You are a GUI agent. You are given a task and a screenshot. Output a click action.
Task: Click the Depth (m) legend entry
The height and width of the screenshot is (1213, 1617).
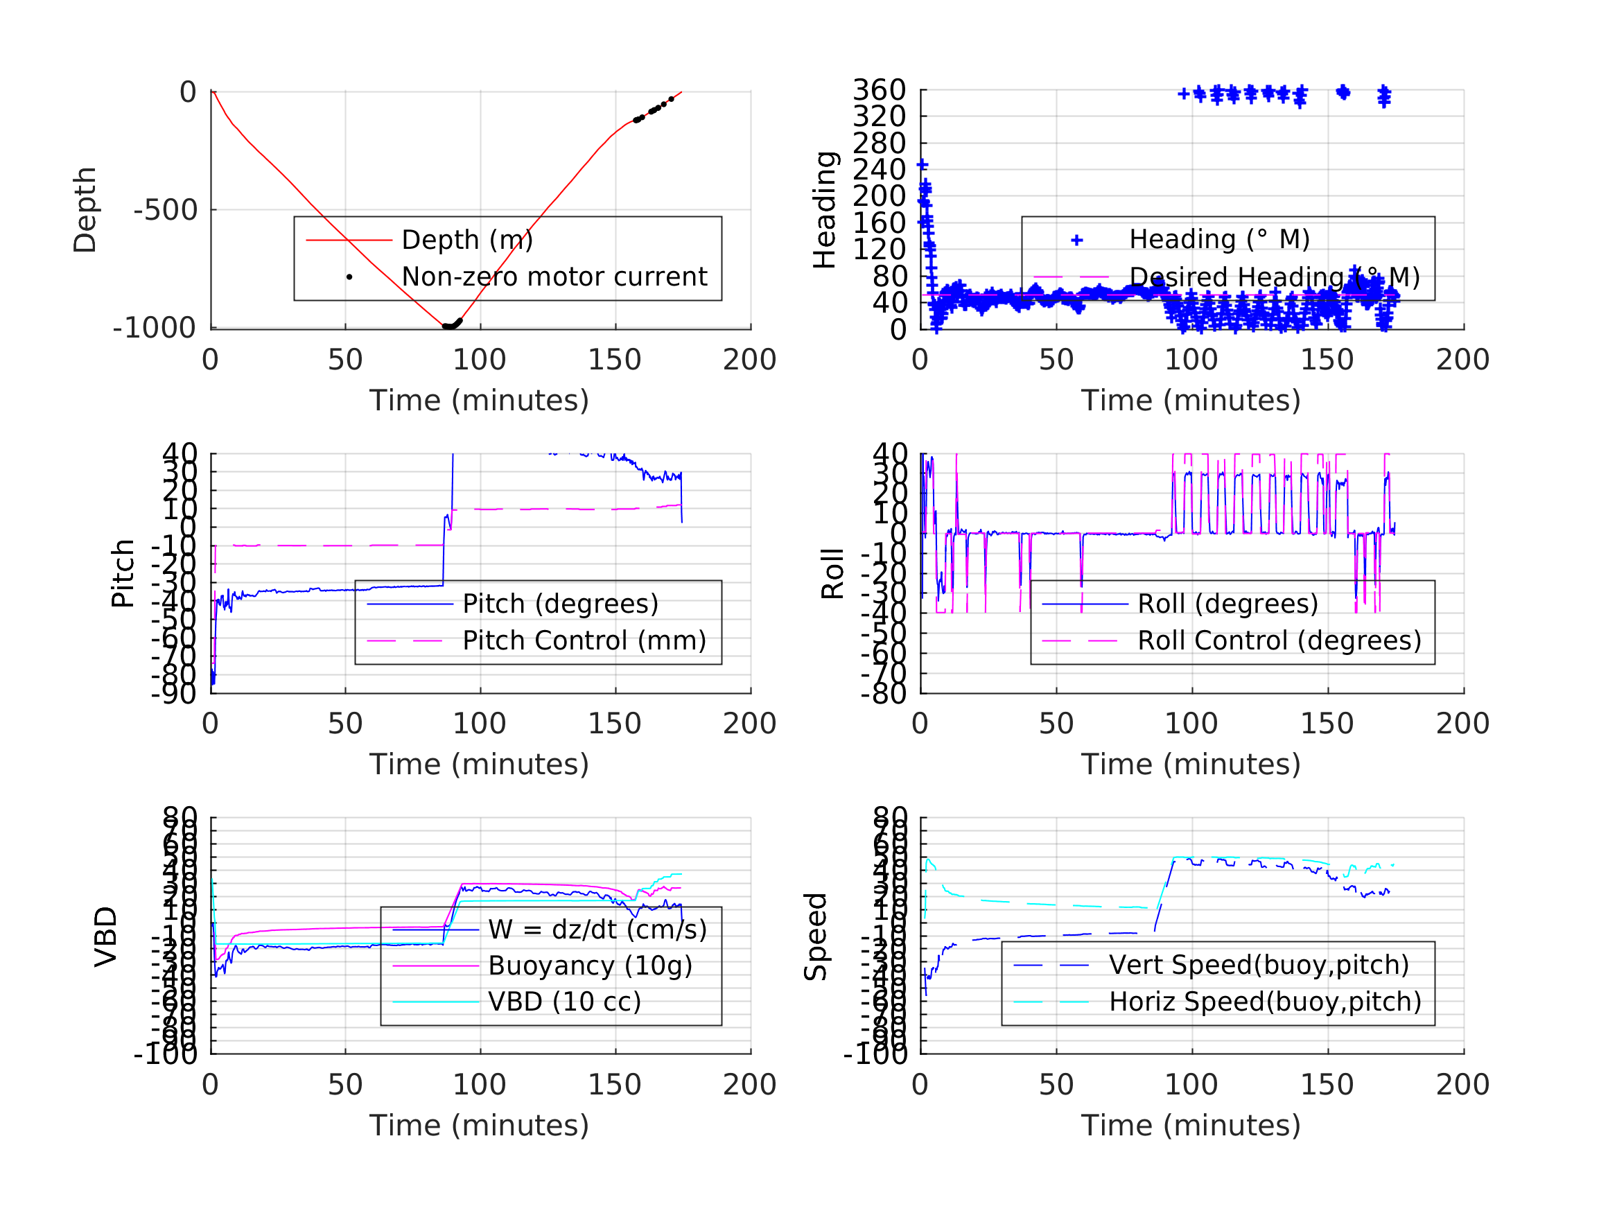(467, 240)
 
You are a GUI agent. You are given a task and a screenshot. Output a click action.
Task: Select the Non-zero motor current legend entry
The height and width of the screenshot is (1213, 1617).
(554, 277)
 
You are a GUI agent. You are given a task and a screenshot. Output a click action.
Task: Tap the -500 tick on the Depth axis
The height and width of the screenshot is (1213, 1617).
(165, 211)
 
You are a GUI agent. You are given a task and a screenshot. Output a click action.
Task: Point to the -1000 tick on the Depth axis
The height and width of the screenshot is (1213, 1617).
(155, 329)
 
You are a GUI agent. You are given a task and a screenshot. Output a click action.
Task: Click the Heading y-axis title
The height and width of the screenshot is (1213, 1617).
(825, 210)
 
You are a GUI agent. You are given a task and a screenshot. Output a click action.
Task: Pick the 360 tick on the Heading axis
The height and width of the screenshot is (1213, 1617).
(879, 91)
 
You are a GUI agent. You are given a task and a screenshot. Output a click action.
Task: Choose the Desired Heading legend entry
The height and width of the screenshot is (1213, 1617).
(1274, 278)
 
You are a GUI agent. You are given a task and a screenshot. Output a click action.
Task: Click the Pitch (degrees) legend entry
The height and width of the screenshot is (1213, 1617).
(560, 604)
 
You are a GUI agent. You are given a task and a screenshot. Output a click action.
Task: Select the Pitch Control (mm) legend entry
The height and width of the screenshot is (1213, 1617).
(584, 640)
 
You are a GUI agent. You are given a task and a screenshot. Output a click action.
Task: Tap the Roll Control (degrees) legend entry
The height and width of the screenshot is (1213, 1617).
(1279, 640)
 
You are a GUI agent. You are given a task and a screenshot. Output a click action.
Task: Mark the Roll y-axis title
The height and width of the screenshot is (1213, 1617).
(832, 574)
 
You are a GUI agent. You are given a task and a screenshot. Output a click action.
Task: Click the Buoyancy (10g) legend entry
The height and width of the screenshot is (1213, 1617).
(590, 965)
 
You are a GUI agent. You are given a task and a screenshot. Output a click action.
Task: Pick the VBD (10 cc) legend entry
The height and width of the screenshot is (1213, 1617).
(564, 1001)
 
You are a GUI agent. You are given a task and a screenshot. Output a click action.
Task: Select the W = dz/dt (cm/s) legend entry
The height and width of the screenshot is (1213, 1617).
(597, 930)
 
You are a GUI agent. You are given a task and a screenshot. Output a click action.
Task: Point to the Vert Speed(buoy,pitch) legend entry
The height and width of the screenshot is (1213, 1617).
(1259, 965)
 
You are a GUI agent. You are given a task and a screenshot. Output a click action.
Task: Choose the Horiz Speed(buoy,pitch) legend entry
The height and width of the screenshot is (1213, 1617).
(1265, 1002)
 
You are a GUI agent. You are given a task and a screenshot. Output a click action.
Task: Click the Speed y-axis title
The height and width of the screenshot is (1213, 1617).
(816, 936)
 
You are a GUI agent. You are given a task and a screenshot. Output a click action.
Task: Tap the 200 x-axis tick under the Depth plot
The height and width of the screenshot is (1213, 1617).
(749, 360)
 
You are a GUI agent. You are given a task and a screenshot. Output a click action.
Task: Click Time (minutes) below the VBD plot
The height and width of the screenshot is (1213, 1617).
(479, 1125)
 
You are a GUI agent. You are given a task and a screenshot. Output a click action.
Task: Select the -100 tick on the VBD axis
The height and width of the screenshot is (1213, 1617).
(165, 1054)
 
